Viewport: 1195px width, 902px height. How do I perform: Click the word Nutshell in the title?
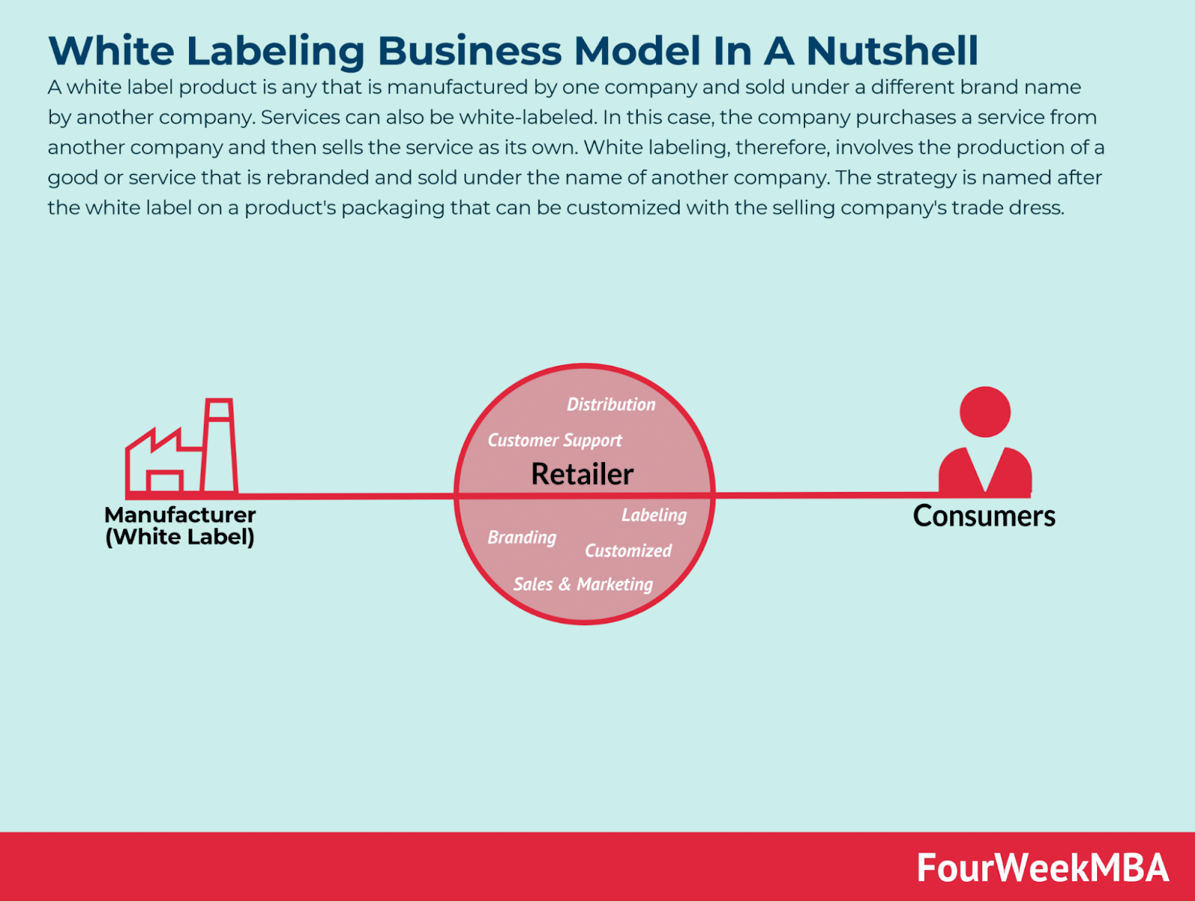(892, 51)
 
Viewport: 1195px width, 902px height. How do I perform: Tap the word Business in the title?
(469, 51)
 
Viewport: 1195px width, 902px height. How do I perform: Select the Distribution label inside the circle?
(611, 404)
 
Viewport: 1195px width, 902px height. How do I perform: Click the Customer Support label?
(554, 440)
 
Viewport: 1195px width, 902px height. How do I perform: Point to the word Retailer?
(582, 474)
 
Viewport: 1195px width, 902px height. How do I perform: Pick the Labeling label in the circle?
(654, 515)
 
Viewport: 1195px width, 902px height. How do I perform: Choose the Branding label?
(521, 538)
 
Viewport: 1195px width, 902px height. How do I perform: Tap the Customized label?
(627, 550)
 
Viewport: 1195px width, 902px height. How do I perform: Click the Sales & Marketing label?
(583, 585)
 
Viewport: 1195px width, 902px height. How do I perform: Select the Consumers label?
(984, 516)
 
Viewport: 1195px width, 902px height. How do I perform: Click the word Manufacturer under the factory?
(180, 514)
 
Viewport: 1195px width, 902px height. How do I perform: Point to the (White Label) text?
(180, 537)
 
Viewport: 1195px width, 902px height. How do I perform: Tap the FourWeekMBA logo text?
(1043, 867)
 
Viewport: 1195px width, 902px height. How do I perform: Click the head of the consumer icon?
(985, 412)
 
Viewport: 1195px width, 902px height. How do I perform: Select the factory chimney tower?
(219, 445)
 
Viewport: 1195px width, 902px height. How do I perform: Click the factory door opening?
(165, 482)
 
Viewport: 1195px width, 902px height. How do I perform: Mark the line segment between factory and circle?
(346, 496)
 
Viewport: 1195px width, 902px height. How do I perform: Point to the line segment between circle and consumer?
(827, 495)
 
